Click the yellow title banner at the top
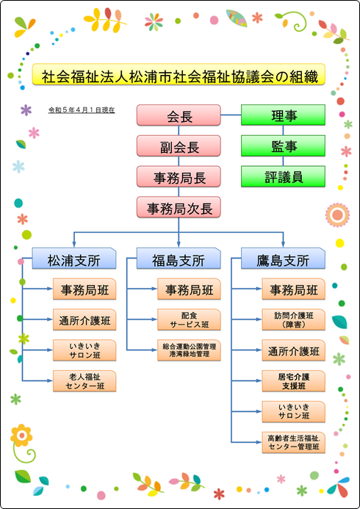click(x=179, y=74)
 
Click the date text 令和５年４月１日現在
click(x=81, y=111)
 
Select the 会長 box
click(x=179, y=115)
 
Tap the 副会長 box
click(x=179, y=145)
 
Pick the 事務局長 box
click(x=179, y=176)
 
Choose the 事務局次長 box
click(x=179, y=207)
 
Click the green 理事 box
click(x=283, y=115)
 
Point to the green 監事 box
click(x=283, y=145)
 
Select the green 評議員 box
click(x=283, y=176)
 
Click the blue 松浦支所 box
click(x=74, y=259)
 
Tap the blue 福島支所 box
click(x=179, y=259)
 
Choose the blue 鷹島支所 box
click(x=283, y=259)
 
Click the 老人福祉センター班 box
click(x=84, y=381)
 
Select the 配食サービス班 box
click(x=190, y=320)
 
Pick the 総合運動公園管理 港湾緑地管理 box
click(x=190, y=350)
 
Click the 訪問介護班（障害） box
click(x=294, y=320)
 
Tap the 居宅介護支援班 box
click(x=294, y=381)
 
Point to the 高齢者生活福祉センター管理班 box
click(x=294, y=442)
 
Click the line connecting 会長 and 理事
click(x=231, y=115)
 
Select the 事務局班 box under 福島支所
click(x=190, y=289)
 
